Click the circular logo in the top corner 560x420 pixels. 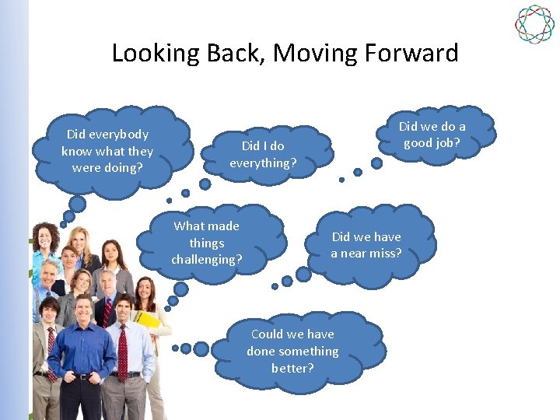click(x=534, y=24)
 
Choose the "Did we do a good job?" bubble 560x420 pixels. click(x=432, y=135)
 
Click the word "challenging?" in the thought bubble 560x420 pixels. click(x=207, y=259)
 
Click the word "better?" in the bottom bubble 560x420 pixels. click(x=293, y=367)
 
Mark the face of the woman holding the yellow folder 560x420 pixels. click(x=145, y=292)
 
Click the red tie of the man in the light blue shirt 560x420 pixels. click(x=122, y=350)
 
